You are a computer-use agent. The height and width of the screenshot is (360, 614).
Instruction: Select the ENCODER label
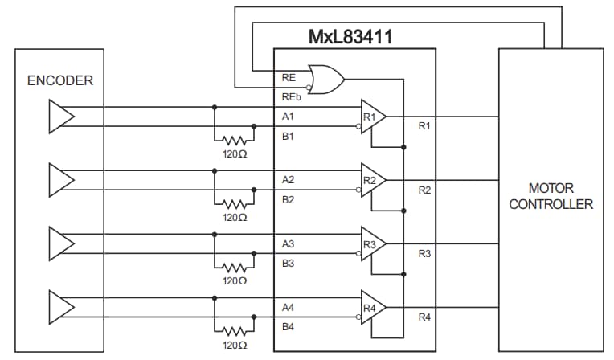(x=60, y=80)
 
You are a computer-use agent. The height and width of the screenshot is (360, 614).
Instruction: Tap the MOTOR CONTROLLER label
(x=551, y=197)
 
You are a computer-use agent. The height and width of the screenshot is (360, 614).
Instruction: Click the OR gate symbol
(x=326, y=80)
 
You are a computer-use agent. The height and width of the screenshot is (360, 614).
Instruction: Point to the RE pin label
(x=289, y=77)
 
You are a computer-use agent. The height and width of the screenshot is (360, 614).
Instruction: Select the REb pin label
(x=290, y=96)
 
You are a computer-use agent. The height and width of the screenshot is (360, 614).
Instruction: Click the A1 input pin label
(x=288, y=117)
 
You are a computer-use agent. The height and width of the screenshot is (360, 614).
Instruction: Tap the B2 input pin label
(x=288, y=199)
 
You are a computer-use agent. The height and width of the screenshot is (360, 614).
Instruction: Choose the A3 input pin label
(x=288, y=243)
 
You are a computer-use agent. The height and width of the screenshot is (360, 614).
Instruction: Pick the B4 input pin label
(x=288, y=327)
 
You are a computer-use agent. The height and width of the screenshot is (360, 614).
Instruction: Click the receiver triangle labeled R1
(x=373, y=117)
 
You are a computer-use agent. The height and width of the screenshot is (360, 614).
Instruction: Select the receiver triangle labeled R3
(x=373, y=243)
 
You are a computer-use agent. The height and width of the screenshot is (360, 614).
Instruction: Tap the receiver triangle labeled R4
(x=373, y=308)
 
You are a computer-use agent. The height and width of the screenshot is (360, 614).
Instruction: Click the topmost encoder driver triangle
(x=61, y=117)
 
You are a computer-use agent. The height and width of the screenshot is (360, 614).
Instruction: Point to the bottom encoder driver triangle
(x=61, y=308)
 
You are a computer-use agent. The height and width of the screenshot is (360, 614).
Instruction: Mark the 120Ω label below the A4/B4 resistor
(x=235, y=345)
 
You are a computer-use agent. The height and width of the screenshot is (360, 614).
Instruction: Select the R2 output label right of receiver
(x=424, y=190)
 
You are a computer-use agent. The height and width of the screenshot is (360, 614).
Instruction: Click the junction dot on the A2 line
(x=215, y=170)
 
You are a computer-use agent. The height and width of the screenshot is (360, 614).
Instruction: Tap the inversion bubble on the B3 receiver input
(x=358, y=253)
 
